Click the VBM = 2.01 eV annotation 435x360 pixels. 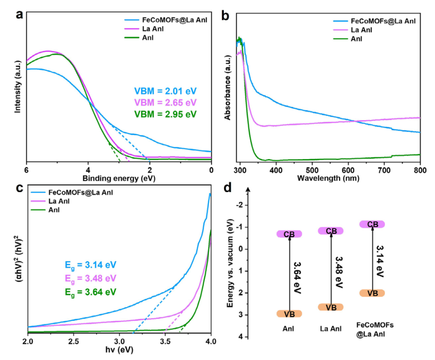click(x=166, y=91)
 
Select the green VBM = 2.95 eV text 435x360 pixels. click(x=166, y=114)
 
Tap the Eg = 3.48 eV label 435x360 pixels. click(x=91, y=279)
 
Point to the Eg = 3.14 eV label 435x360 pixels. click(x=91, y=265)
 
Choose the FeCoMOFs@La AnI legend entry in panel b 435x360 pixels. click(x=374, y=21)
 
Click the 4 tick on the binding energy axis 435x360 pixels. click(x=88, y=170)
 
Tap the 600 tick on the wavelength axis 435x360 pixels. click(x=348, y=170)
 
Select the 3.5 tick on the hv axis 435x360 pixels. click(x=166, y=341)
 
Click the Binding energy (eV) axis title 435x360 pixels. click(x=119, y=179)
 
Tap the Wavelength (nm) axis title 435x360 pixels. click(x=328, y=178)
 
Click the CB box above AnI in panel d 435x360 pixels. click(x=289, y=234)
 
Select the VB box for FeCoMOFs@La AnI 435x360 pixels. click(x=372, y=293)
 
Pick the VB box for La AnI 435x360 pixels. click(x=331, y=307)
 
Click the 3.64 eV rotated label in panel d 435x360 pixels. click(x=297, y=278)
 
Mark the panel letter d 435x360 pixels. click(x=228, y=188)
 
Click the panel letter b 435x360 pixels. click(x=225, y=16)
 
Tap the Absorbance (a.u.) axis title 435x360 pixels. click(x=228, y=88)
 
